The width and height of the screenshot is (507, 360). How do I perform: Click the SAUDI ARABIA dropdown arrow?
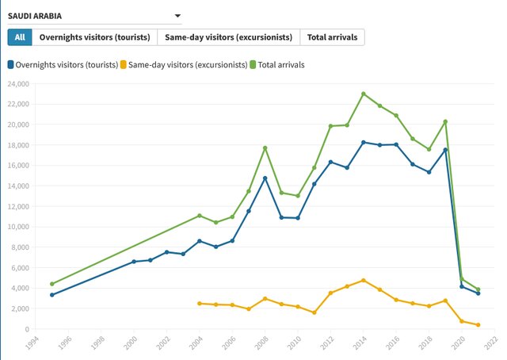point(177,15)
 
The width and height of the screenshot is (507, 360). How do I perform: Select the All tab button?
point(20,37)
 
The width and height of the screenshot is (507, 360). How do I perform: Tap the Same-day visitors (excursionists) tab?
point(229,37)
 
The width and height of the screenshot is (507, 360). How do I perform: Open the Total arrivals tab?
point(333,37)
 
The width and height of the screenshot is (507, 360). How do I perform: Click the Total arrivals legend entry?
point(277,64)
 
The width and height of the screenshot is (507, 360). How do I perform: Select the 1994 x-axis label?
point(32,343)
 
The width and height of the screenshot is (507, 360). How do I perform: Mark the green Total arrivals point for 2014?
point(364,94)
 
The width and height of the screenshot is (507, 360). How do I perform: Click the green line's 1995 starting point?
point(51,284)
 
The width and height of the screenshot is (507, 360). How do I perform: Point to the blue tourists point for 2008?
point(265,178)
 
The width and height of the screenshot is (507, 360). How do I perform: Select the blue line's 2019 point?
point(445,150)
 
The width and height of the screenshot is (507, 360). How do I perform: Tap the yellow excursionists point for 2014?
point(364,280)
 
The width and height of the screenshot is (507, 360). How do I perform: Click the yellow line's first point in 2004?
point(199,304)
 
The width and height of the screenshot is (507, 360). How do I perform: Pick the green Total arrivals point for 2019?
point(445,121)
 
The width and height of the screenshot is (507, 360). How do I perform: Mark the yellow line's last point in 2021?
point(478,325)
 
